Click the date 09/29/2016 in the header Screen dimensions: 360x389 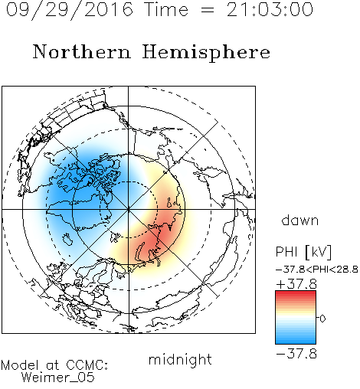coord(70,10)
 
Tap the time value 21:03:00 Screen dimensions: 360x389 coord(270,9)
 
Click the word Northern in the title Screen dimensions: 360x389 coord(82,51)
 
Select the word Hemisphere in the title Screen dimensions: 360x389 coord(206,53)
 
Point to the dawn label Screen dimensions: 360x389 coord(300,221)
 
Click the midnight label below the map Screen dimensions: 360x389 coord(180,359)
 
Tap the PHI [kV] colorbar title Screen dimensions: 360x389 coord(303,252)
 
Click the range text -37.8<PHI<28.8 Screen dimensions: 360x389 coord(316,270)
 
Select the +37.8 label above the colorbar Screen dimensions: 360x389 coord(296,284)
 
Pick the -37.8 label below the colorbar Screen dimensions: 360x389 coord(296,354)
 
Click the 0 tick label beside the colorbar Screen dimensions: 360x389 coord(322,319)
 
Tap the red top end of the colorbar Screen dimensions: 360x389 coord(296,293)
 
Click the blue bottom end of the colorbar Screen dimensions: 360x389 coord(296,342)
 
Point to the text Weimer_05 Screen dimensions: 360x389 coord(58,378)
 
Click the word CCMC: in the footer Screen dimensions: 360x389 coord(87,365)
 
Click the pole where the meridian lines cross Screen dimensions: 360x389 coord(129,209)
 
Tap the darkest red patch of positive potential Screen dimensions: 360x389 coord(162,230)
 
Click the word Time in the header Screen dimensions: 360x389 coord(166,9)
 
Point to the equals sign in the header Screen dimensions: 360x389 coord(208,10)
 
